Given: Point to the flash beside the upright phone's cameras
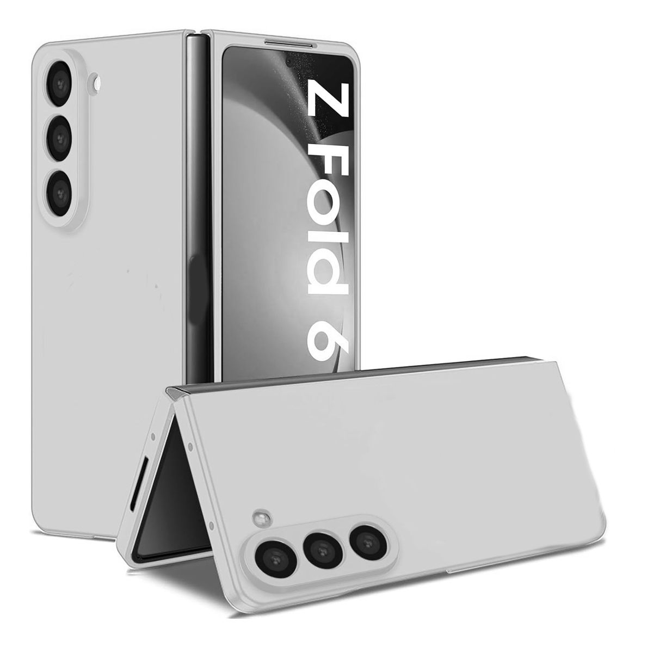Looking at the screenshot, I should (x=97, y=83).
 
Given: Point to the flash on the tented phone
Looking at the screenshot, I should (x=262, y=517).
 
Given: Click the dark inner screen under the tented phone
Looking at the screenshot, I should (x=163, y=490).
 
